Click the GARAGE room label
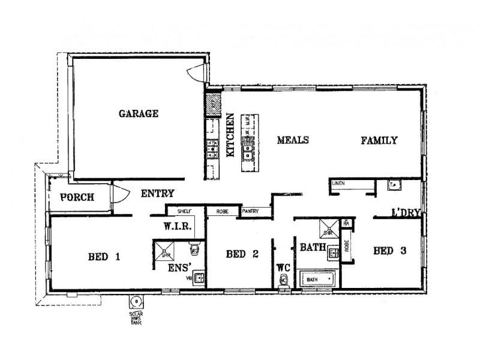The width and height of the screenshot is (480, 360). [138, 113]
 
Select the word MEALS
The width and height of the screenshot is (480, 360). [292, 140]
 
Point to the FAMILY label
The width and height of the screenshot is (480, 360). [379, 141]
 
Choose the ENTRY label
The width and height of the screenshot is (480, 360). [157, 194]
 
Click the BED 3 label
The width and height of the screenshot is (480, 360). [389, 250]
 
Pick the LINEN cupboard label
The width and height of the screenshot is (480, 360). [339, 184]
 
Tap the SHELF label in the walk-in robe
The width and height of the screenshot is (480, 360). [184, 211]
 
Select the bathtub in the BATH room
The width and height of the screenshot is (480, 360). [317, 280]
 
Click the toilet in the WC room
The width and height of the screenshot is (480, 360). [283, 281]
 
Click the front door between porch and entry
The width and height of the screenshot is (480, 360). [119, 196]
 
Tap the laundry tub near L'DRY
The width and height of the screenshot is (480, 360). [394, 185]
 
